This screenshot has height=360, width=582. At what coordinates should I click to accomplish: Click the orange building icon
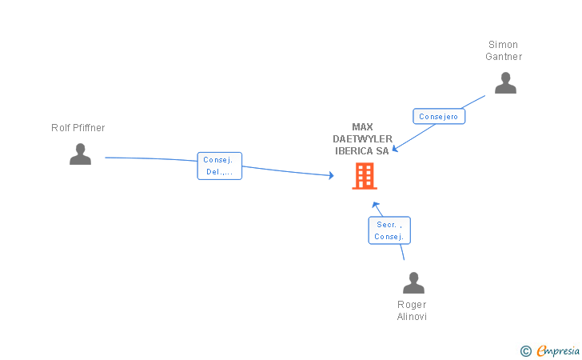coord(365,176)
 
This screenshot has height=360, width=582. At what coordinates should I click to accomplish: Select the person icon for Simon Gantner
coord(505,83)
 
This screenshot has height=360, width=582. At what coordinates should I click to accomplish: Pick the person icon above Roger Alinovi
coord(413,283)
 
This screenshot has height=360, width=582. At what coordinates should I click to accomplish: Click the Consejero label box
coord(438,116)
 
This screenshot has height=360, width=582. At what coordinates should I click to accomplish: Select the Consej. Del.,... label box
coord(219,166)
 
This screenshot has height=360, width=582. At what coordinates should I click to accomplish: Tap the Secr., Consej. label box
coord(389,230)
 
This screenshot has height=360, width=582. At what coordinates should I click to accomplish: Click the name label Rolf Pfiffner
coord(78,128)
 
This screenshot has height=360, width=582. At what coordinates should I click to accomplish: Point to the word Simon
coord(504,45)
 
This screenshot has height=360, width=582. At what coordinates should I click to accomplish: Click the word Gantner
coord(504,57)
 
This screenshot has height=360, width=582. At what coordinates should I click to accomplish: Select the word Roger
coord(413,305)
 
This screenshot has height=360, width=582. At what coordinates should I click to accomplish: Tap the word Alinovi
coord(413,317)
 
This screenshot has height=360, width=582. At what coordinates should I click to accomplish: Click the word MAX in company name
coord(362,126)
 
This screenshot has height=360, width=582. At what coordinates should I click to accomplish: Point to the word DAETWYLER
coord(362,138)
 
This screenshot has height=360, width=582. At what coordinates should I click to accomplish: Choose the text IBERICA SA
coord(362,150)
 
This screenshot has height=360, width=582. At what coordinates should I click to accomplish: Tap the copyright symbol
coord(525,350)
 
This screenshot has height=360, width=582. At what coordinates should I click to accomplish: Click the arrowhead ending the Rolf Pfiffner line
coord(331,175)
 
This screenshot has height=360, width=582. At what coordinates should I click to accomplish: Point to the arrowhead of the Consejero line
coord(394,149)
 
